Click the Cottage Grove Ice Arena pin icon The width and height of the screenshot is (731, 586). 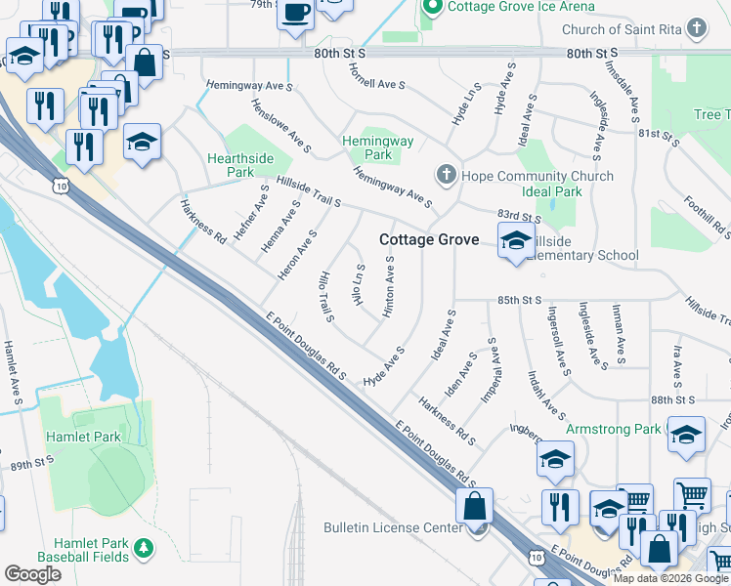click(x=432, y=7)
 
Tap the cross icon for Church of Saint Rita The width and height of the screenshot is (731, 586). click(x=696, y=27)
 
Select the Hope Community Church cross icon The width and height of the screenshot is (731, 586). click(x=446, y=176)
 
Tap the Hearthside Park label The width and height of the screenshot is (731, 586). click(x=231, y=165)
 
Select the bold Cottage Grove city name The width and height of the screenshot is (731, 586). click(x=429, y=240)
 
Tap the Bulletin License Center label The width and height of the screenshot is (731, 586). click(x=393, y=528)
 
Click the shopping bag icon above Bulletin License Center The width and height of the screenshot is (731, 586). click(x=474, y=507)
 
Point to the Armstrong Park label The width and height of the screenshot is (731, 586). click(x=613, y=429)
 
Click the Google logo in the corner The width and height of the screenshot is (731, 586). click(x=32, y=574)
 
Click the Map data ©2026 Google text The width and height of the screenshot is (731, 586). click(x=670, y=578)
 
